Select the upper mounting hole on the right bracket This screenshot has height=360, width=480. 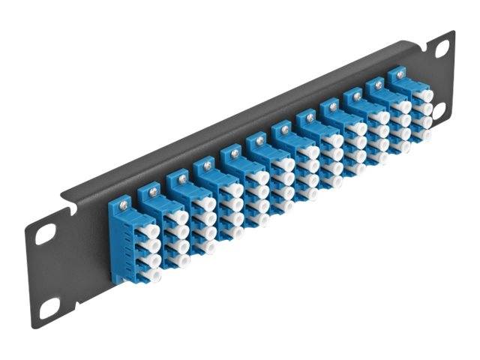coord(442,49)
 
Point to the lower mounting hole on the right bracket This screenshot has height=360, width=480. coord(439,112)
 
